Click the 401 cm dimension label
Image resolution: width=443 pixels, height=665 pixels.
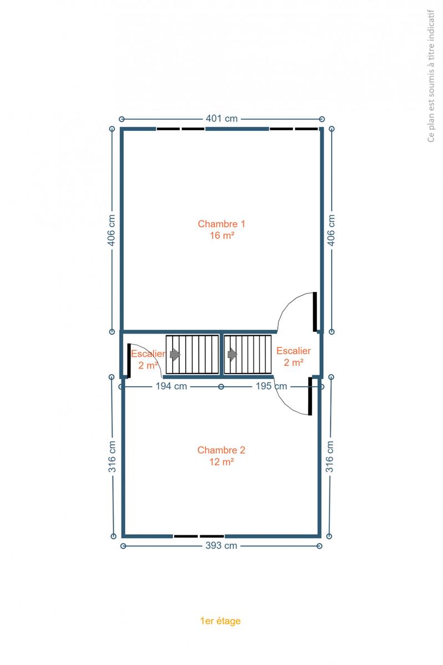222,119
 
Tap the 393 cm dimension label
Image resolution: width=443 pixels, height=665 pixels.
221,546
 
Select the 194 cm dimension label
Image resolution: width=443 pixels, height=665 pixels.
171,386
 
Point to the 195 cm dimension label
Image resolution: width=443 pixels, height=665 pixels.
271,386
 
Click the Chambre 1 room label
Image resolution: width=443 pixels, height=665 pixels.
222,224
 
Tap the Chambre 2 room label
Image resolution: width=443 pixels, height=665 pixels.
221,450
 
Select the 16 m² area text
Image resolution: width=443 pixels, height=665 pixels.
222,236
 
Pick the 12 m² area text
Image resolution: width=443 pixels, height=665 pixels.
222,462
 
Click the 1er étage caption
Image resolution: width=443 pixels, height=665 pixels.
221,621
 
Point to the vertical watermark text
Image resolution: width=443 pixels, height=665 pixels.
431,76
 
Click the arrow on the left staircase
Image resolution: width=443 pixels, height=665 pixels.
175,355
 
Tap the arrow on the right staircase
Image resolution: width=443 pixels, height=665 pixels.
232,355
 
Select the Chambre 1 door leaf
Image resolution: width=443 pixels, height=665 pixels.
315,311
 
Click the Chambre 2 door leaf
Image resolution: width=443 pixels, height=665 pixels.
310,396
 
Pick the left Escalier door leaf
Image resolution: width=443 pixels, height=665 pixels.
129,361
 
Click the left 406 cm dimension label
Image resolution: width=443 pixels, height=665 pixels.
111,230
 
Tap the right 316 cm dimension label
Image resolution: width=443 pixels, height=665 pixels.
330,457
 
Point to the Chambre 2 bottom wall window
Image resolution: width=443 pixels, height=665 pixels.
199,536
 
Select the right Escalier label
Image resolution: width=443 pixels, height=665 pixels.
293,351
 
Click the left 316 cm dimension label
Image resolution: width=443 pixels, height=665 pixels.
112,457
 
